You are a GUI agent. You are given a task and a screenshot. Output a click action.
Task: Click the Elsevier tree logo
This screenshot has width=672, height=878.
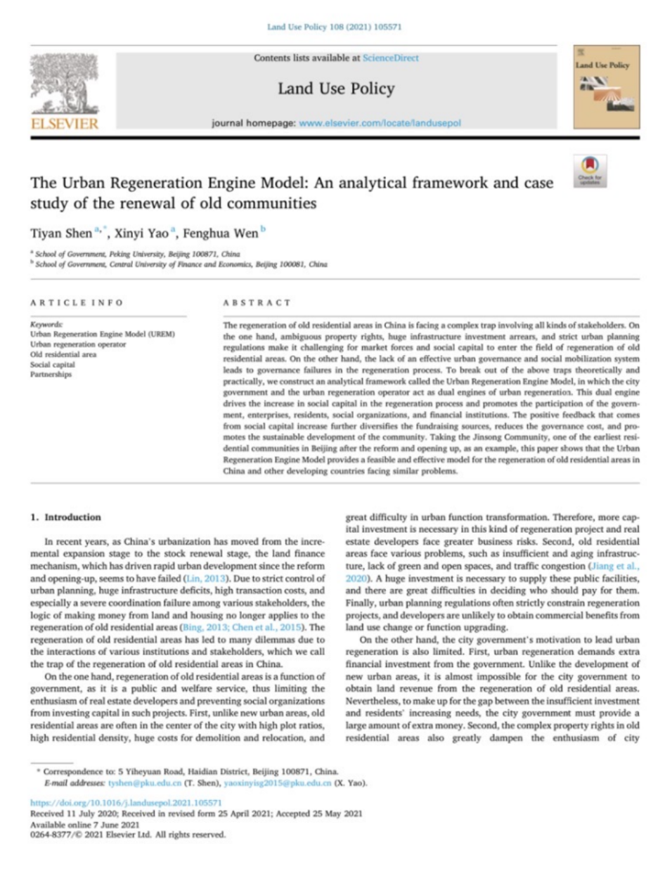64,84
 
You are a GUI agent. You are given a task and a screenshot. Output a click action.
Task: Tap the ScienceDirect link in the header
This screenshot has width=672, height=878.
390,58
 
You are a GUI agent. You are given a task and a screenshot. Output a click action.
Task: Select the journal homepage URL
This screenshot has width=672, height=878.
380,123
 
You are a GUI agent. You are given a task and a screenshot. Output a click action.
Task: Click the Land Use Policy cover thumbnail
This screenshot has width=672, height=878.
606,86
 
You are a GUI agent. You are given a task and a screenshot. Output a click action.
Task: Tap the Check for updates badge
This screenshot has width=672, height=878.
590,171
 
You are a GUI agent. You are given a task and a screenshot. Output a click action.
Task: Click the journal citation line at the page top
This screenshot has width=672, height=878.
334,27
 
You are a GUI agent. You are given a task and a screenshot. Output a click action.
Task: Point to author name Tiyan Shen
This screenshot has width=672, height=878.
61,233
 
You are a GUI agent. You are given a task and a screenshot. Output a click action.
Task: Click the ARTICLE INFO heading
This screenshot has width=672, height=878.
77,303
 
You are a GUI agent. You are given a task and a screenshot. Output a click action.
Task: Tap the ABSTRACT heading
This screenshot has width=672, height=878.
257,303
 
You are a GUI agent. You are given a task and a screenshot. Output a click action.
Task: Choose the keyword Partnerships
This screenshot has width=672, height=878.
51,375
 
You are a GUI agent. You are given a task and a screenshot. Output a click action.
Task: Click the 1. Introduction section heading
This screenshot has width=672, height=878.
65,517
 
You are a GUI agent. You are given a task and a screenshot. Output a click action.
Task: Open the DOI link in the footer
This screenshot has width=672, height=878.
126,802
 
